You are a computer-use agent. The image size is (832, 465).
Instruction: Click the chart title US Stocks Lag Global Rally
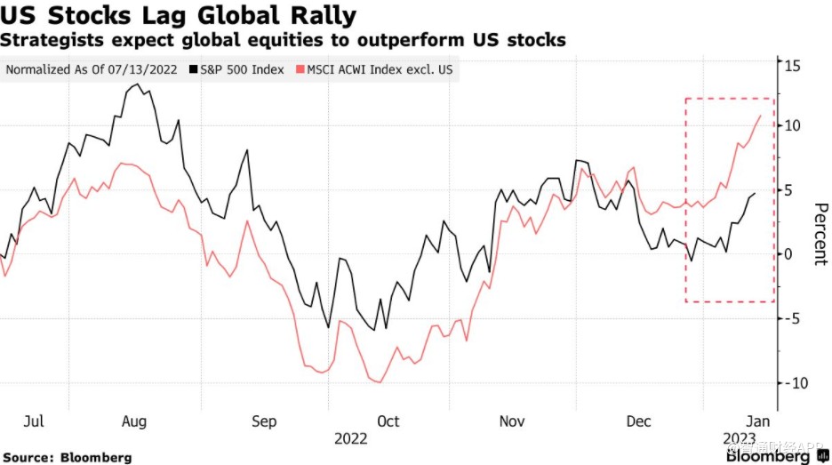(179, 15)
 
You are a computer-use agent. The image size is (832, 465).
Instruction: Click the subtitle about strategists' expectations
(283, 41)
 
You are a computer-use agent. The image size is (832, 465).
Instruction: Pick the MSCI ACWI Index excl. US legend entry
(380, 69)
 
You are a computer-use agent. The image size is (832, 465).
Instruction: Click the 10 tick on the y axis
(792, 125)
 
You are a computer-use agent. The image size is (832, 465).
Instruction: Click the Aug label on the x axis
(133, 421)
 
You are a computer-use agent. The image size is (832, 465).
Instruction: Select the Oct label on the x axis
(388, 421)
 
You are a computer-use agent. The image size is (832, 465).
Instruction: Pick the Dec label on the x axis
(640, 421)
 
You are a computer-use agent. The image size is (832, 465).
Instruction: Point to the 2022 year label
(351, 439)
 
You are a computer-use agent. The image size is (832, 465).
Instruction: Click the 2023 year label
(739, 439)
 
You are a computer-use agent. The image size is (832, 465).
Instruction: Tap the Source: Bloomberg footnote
(67, 457)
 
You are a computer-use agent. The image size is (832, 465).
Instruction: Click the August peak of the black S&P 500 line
(137, 84)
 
